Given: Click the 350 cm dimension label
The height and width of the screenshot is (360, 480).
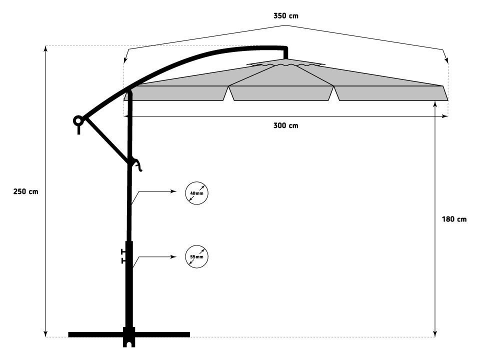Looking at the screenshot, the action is pos(285,16).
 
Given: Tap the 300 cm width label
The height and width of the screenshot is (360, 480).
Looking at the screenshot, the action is pos(285,125).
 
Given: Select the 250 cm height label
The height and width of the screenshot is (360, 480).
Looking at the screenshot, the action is pos(25,191).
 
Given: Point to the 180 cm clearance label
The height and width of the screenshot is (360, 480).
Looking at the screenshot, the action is pos(454,219).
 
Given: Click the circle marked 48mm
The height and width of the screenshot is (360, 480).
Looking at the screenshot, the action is pos(196,193).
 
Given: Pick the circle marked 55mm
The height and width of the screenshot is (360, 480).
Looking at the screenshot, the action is pos(196,256).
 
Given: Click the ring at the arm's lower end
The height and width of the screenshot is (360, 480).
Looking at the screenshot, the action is pos(78,120).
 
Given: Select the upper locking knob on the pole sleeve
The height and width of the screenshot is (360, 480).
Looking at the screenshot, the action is pos(123,251).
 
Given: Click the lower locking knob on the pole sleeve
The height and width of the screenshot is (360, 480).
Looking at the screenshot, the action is pos(123,261).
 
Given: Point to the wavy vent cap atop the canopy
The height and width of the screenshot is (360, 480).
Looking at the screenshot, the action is pos(285,64).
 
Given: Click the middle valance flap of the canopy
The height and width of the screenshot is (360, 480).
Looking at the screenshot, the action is pos(281,93).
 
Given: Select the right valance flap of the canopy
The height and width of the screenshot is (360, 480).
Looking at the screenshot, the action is pos(391,93).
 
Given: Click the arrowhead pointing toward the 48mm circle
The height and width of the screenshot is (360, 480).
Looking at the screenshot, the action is pos(173,191).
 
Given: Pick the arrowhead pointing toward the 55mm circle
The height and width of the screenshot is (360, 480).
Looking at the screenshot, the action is pos(173,256).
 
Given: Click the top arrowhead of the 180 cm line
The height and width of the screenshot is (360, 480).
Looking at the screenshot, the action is pos(435,104).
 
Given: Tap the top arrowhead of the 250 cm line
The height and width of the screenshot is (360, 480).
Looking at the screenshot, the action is pos(45,49).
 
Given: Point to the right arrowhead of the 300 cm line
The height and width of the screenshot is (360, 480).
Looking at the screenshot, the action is pos(445,116).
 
